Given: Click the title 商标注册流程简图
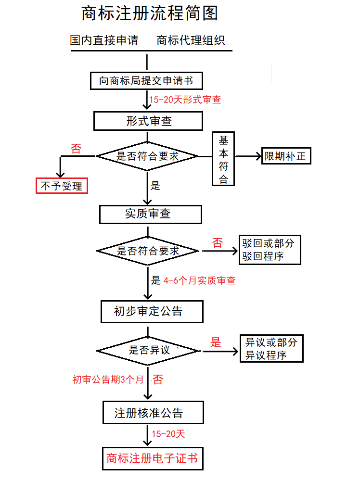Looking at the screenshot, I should (x=150, y=13).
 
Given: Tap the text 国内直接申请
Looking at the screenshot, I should (x=104, y=40).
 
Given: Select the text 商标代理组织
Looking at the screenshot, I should (x=191, y=40).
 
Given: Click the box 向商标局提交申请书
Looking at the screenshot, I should (x=145, y=80).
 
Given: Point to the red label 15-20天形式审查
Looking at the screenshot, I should (x=185, y=100).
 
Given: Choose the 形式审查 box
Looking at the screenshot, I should (x=148, y=121).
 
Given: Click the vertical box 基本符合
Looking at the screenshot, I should (x=223, y=159).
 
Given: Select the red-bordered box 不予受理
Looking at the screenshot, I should (x=62, y=185).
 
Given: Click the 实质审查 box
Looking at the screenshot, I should (x=150, y=214).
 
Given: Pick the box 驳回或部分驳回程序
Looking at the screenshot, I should (x=270, y=250).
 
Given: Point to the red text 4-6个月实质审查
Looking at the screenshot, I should (x=199, y=280).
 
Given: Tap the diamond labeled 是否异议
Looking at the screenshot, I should (x=148, y=350).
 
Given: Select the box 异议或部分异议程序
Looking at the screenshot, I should (x=271, y=349).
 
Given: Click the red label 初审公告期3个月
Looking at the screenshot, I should (x=108, y=380).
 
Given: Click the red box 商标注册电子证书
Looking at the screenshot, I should (x=152, y=458).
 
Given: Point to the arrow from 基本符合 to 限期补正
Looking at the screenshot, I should (x=248, y=156).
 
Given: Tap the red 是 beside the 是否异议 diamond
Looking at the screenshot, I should (x=216, y=342).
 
